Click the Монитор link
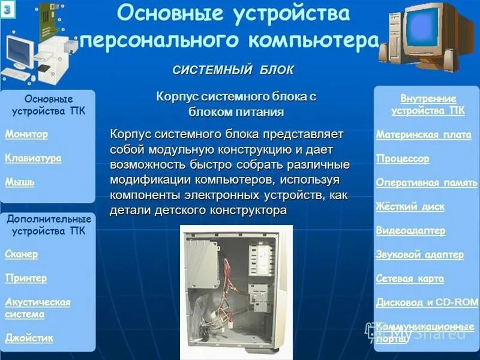(26, 134)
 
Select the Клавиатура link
(33, 158)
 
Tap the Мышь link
(20, 182)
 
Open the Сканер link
(22, 254)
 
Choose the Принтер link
(26, 278)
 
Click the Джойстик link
(29, 338)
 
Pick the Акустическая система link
(37, 308)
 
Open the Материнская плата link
(424, 135)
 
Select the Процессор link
(403, 159)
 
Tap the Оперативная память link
(427, 183)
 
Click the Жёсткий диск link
(410, 207)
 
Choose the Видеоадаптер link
(411, 231)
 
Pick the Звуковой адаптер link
(420, 255)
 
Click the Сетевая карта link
(410, 279)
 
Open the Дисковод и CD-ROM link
(425, 303)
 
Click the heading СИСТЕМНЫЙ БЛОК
(233, 70)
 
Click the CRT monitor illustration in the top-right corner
(427, 33)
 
